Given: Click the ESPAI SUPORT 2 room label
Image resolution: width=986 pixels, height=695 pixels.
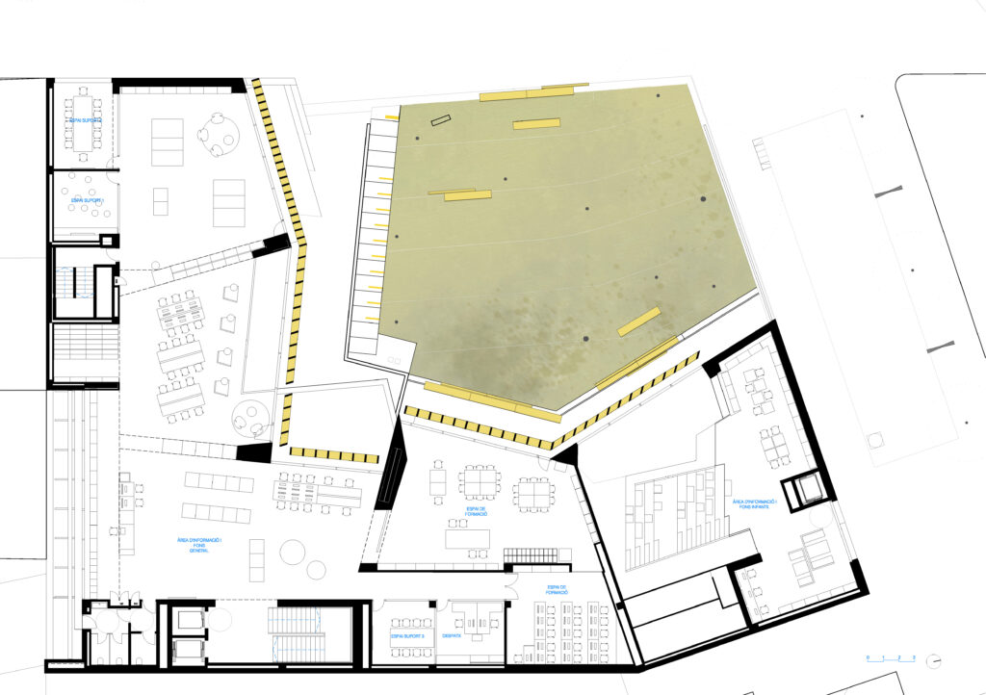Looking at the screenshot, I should tap(85, 119).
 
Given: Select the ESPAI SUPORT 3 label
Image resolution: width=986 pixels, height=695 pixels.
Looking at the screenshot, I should tap(407, 636).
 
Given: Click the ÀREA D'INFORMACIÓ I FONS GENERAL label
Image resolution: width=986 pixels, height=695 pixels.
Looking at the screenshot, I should tap(208, 548).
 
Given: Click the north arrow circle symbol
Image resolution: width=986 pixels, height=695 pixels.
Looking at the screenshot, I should tap(934, 660).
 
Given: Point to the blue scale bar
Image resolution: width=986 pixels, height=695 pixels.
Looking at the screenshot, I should tap(890, 660).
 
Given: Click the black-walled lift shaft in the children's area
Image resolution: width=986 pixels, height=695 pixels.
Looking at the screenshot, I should tap(804, 492).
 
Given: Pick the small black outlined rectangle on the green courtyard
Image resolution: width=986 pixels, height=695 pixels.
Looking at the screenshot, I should tap(440, 121).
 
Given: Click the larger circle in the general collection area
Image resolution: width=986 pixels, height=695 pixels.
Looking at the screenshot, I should tap(292, 552).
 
